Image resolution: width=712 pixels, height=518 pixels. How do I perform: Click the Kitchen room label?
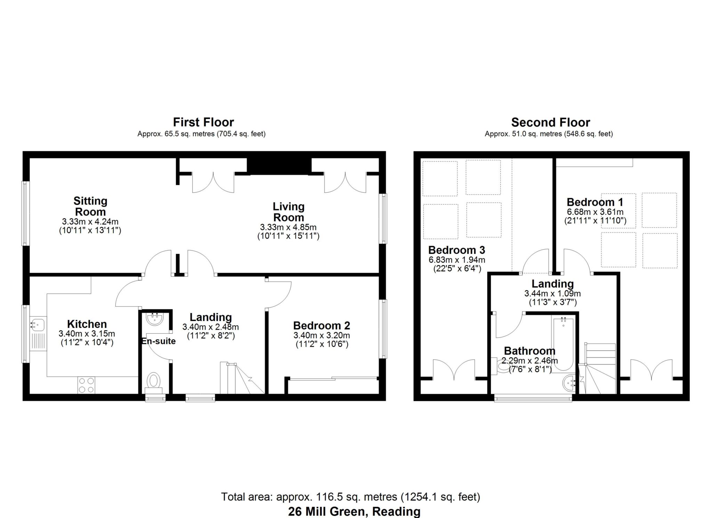pos(87,324)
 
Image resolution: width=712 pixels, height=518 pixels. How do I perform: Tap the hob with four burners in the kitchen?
pos(86,385)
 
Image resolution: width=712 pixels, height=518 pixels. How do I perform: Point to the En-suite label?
pos(159,341)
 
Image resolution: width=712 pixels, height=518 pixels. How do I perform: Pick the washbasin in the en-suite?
pos(154,319)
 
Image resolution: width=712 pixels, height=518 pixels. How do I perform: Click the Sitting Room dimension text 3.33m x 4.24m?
pos(90,222)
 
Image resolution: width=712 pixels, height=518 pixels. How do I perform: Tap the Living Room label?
pos(288,212)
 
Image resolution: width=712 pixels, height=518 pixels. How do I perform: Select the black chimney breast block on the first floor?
pos(279,166)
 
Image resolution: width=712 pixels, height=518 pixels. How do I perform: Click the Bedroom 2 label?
pos(322,326)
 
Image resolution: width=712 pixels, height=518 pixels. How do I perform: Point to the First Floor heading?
pos(203,122)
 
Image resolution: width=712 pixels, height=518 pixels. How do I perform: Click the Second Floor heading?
pos(550,122)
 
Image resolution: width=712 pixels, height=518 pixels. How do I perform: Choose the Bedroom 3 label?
pos(456,250)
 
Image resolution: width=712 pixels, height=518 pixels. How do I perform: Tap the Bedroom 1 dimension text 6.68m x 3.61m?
pos(595,212)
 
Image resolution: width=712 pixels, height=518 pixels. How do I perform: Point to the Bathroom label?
pos(529,351)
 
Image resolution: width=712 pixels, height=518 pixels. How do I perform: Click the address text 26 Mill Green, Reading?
pos(354,511)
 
